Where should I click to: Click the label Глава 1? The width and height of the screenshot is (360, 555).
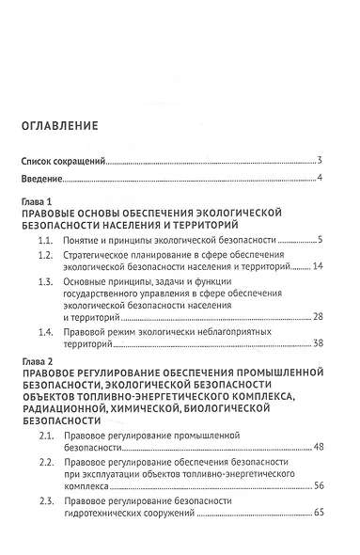point(39,203)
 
